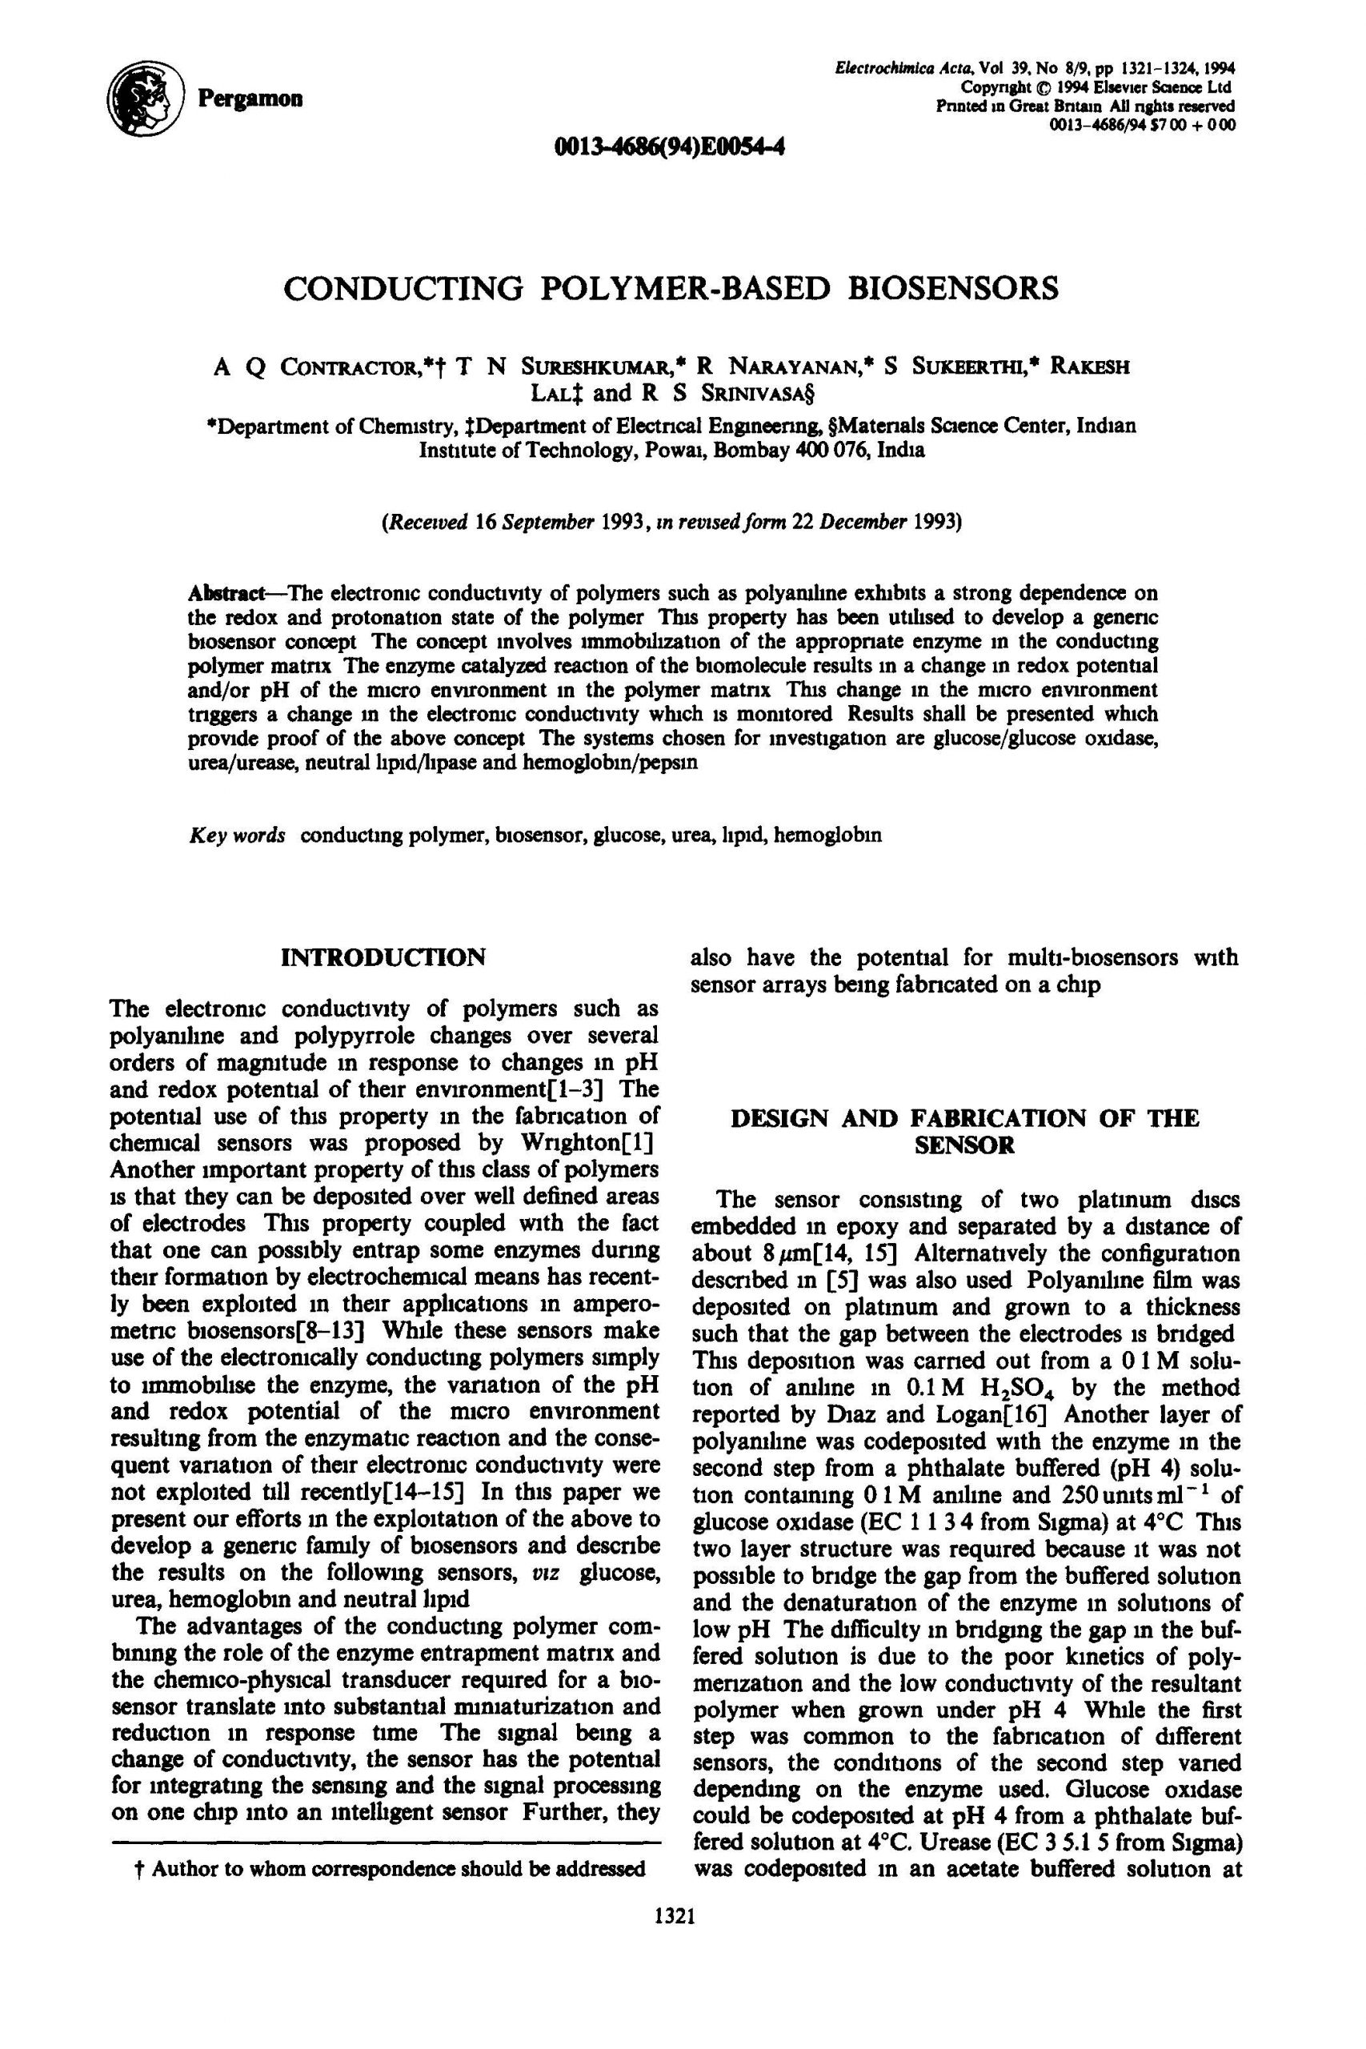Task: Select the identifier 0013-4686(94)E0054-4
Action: [x=669, y=146]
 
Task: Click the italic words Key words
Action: [x=237, y=836]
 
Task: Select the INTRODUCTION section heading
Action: [x=383, y=957]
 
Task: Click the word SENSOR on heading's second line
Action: [x=964, y=1145]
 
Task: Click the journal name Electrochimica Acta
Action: [x=904, y=68]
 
